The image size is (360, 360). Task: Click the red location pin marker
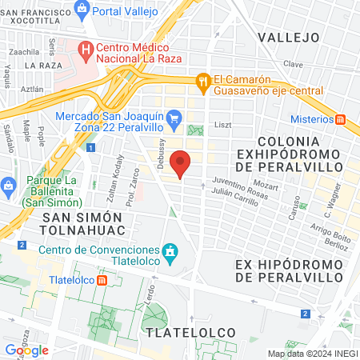click(x=182, y=163)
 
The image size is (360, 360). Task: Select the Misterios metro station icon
click(x=341, y=119)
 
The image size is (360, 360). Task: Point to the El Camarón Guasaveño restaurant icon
click(x=203, y=81)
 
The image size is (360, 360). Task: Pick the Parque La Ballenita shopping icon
click(x=7, y=186)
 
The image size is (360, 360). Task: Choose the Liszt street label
click(x=222, y=126)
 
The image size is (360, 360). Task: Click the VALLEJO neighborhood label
click(x=288, y=38)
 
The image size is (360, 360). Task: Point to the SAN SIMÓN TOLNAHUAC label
click(x=82, y=226)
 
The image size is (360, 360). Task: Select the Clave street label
click(x=293, y=63)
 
